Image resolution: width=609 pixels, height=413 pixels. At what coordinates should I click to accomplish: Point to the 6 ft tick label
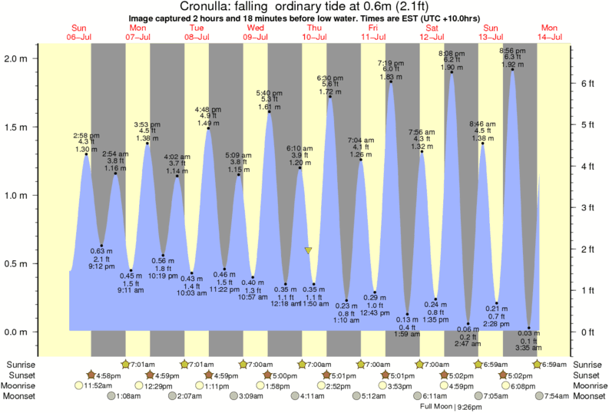pos(586,83)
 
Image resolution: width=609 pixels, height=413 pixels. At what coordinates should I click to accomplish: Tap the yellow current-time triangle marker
pos(308,250)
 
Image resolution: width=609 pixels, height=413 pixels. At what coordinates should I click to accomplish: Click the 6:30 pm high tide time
pos(329,78)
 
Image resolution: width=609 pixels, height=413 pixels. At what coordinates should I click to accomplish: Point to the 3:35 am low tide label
pos(529,349)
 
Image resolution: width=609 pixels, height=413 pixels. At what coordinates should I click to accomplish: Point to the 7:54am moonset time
pos(555,396)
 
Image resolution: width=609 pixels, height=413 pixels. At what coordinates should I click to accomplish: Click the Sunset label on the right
pos(589,375)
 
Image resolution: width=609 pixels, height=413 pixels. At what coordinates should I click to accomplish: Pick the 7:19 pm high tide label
pos(390,64)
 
